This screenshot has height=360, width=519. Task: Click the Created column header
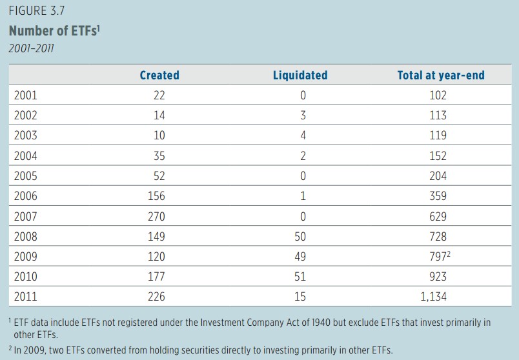coord(159,75)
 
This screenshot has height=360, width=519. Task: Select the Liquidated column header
coord(300,75)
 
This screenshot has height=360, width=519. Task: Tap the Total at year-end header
coord(441,75)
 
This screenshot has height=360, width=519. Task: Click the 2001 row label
coord(25,95)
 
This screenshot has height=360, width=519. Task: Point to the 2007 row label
coord(25,216)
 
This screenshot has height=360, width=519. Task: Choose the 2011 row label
coord(25,297)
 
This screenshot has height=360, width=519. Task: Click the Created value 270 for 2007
coord(156,216)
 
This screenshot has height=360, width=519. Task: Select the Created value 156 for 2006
coord(156,196)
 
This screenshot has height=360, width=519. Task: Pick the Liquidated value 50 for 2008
coord(300,236)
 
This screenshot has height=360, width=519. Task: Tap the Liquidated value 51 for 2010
coord(300,277)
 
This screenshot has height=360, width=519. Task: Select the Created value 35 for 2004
coord(159,155)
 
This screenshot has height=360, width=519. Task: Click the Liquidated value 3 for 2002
coord(302,115)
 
